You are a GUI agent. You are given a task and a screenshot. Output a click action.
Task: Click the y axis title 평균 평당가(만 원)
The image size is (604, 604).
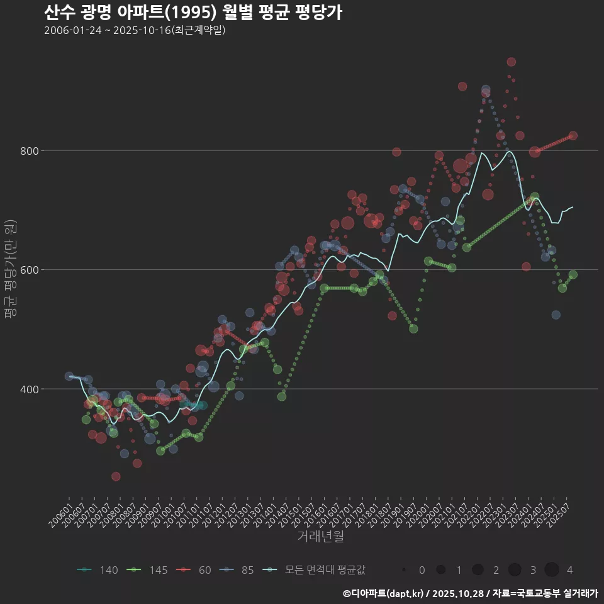coord(9,271)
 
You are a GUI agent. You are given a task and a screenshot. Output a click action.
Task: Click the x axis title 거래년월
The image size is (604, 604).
coord(320,537)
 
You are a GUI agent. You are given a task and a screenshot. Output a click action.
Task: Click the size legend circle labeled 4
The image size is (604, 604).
coord(552,570)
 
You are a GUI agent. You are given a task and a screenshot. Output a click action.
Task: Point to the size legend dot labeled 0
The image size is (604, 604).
coord(404,570)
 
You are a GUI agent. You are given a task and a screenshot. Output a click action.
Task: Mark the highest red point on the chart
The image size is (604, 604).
coord(511,62)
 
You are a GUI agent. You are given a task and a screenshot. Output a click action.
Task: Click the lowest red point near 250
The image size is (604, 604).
coord(116,476)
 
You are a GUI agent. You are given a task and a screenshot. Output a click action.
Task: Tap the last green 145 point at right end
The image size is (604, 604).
coord(573,274)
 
